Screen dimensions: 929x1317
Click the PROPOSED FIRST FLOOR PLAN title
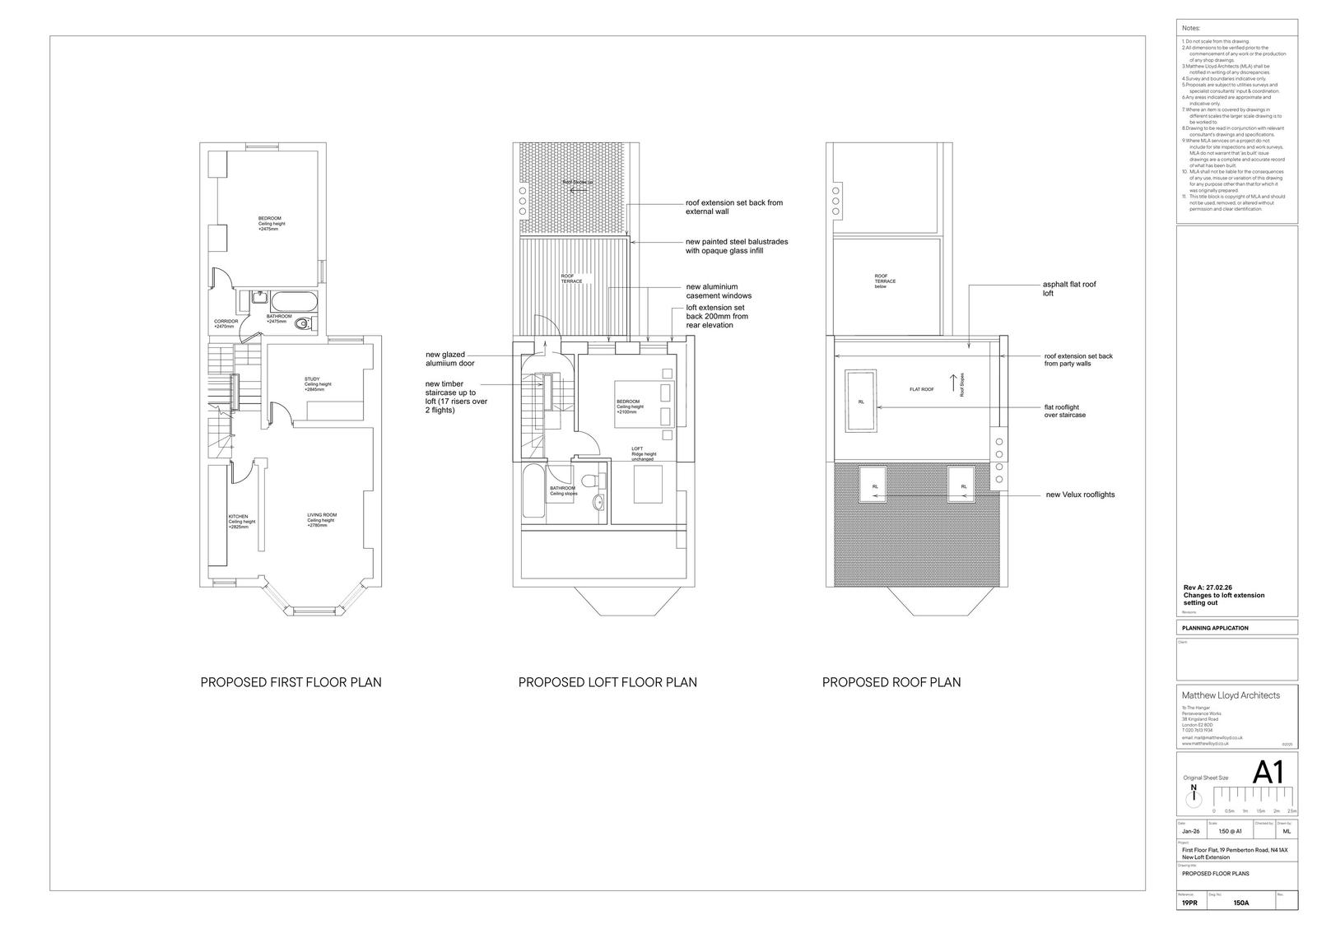(x=291, y=682)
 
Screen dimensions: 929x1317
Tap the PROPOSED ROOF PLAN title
(x=891, y=682)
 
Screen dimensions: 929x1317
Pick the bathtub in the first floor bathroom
(x=294, y=300)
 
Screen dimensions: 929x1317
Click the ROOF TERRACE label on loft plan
(x=571, y=278)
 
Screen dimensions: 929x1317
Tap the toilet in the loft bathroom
(x=589, y=481)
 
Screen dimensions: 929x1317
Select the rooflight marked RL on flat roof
(x=861, y=402)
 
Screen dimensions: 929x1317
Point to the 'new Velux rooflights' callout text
(x=1080, y=495)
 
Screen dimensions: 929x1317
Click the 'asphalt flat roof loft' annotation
(x=1068, y=288)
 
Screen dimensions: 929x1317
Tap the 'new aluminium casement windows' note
(x=719, y=291)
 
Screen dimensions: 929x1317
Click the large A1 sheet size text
(x=1267, y=773)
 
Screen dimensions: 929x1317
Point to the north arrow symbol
(x=1194, y=797)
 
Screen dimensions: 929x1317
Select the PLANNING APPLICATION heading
(x=1215, y=628)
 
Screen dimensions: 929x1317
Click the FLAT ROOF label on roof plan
(x=921, y=389)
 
